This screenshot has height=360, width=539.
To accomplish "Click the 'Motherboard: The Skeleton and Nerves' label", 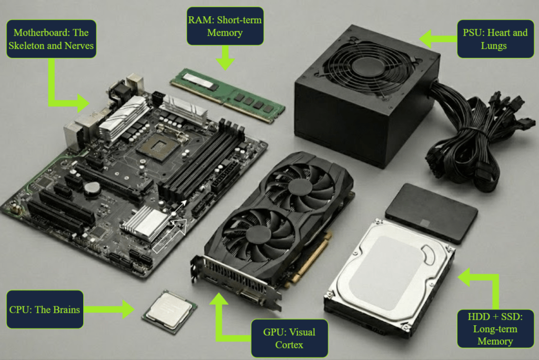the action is pos(51,39).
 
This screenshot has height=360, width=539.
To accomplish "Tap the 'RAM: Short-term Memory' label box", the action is pos(225,26).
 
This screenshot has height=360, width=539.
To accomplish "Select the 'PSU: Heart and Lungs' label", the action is pos(495,39).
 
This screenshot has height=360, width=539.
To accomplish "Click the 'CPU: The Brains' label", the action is pos(45,309).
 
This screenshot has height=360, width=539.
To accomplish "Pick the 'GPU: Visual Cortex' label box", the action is pos(290,338).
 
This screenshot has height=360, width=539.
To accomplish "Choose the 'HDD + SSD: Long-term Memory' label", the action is pos(495,329).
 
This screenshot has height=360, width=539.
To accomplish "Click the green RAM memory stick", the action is pos(227,95).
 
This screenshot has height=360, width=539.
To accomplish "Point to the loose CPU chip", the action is pos(170,311).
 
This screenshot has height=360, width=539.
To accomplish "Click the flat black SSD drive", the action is pos(432,213).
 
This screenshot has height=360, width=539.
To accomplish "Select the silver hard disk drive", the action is pos(390,278).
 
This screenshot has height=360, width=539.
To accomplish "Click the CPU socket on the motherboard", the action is pos(157,146).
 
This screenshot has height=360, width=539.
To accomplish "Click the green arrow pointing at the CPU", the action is pos(109,309).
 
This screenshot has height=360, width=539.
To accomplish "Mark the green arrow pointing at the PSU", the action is pos(438,39).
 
